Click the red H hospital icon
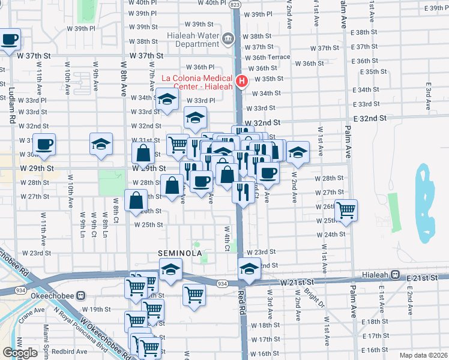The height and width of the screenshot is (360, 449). [242, 82]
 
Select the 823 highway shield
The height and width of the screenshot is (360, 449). [236, 4]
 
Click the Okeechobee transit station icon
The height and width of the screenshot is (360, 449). [81, 296]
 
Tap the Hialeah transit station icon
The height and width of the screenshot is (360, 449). [396, 274]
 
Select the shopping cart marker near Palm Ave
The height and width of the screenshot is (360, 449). [346, 211]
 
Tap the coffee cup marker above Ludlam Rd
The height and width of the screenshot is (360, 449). [9, 40]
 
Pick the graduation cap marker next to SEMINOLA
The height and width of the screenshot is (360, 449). [170, 271]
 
